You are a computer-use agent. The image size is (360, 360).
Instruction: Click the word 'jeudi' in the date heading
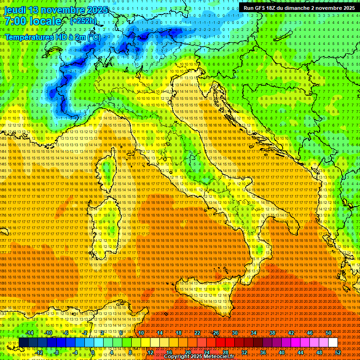pos(15,10)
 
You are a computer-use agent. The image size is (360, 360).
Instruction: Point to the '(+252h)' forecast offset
pos(83,21)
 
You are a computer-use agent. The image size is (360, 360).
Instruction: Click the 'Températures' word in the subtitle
pos(28,37)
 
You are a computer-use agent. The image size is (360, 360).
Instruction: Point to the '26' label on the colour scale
pos(216,333)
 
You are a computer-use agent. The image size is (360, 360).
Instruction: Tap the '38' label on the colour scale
pos(272,333)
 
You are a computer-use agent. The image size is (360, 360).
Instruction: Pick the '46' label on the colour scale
pos(310,333)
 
